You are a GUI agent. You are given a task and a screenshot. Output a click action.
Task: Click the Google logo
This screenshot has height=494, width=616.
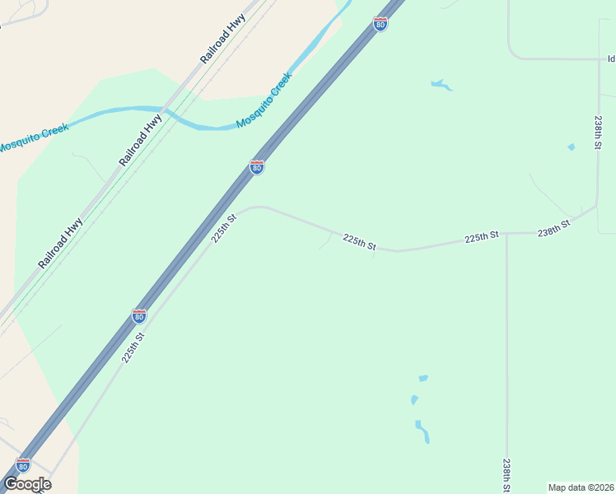[x=27, y=484]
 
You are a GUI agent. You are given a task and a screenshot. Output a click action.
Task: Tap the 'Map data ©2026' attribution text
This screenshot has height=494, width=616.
[x=581, y=487]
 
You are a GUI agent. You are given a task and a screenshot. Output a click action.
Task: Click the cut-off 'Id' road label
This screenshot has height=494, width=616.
[x=611, y=58]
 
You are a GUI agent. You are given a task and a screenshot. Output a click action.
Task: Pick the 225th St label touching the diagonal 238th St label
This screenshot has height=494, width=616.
[x=482, y=236]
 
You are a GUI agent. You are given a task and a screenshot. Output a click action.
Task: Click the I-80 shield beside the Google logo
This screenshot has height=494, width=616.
[x=23, y=466]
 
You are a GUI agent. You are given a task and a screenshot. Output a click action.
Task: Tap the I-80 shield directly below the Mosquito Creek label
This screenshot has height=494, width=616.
[x=257, y=167]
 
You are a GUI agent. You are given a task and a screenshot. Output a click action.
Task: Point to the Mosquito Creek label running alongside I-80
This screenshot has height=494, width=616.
[x=264, y=100]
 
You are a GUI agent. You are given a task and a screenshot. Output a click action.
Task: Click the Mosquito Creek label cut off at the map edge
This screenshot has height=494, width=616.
[x=33, y=137]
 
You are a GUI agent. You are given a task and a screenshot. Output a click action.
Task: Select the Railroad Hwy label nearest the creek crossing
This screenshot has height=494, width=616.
[x=141, y=140]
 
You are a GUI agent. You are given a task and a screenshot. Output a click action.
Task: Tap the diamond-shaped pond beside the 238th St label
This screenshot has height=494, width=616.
[x=571, y=147]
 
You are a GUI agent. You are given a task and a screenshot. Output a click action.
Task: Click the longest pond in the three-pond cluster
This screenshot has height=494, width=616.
[x=422, y=431]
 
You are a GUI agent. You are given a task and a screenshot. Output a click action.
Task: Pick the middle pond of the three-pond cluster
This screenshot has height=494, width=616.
[x=413, y=400]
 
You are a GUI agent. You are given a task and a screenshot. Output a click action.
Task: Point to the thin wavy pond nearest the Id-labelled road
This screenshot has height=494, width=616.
[x=441, y=85]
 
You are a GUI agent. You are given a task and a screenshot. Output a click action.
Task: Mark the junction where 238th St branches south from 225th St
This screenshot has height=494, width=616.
[x=506, y=234]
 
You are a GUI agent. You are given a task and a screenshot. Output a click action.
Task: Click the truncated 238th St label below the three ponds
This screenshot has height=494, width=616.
[x=507, y=476]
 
